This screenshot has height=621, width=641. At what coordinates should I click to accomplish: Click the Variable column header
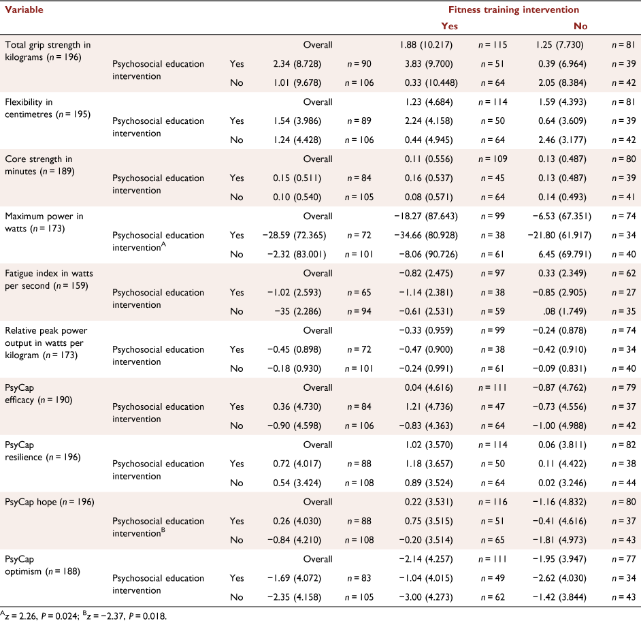click(x=24, y=10)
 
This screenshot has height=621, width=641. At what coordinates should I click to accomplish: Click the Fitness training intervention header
click(x=514, y=10)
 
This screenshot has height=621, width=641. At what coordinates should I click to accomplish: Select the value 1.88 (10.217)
click(x=426, y=44)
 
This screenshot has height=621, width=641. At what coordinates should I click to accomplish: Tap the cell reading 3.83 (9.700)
click(x=429, y=64)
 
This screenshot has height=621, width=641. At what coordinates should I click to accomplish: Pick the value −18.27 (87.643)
click(x=426, y=216)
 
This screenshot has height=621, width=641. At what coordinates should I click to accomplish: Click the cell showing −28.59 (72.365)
click(x=295, y=235)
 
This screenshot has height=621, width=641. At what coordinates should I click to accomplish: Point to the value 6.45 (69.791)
click(x=565, y=254)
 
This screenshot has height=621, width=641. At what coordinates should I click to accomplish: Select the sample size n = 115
click(x=493, y=44)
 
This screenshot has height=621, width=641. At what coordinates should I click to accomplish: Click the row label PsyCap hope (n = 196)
click(x=50, y=502)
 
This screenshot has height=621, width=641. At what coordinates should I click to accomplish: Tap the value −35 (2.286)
click(x=298, y=311)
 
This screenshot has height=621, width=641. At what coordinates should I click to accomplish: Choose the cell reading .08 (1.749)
click(x=565, y=311)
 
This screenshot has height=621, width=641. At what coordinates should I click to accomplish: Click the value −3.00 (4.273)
click(x=426, y=597)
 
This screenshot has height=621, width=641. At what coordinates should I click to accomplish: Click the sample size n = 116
click(x=493, y=502)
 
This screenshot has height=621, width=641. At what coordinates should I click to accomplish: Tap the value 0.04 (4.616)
click(x=429, y=387)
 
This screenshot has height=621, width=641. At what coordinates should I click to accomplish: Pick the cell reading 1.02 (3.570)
click(x=429, y=445)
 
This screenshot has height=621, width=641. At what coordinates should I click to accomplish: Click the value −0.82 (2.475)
click(x=426, y=273)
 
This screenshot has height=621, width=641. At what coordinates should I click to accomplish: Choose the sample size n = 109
click(x=493, y=159)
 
